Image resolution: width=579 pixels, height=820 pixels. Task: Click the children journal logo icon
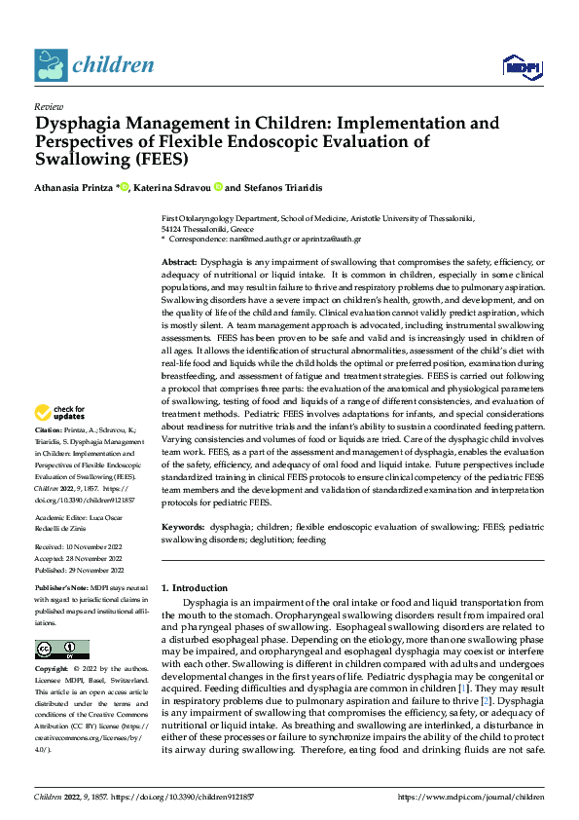click(x=51, y=64)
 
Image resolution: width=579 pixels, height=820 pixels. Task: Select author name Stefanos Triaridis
click(x=293, y=186)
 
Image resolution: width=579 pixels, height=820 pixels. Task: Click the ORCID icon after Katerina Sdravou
click(x=219, y=186)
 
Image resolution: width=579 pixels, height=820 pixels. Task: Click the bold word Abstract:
click(x=178, y=263)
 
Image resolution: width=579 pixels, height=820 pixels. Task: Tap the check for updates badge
click(x=62, y=439)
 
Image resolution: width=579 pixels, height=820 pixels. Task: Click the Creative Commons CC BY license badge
click(x=62, y=650)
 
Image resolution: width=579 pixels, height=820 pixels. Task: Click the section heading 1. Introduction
click(x=195, y=588)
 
